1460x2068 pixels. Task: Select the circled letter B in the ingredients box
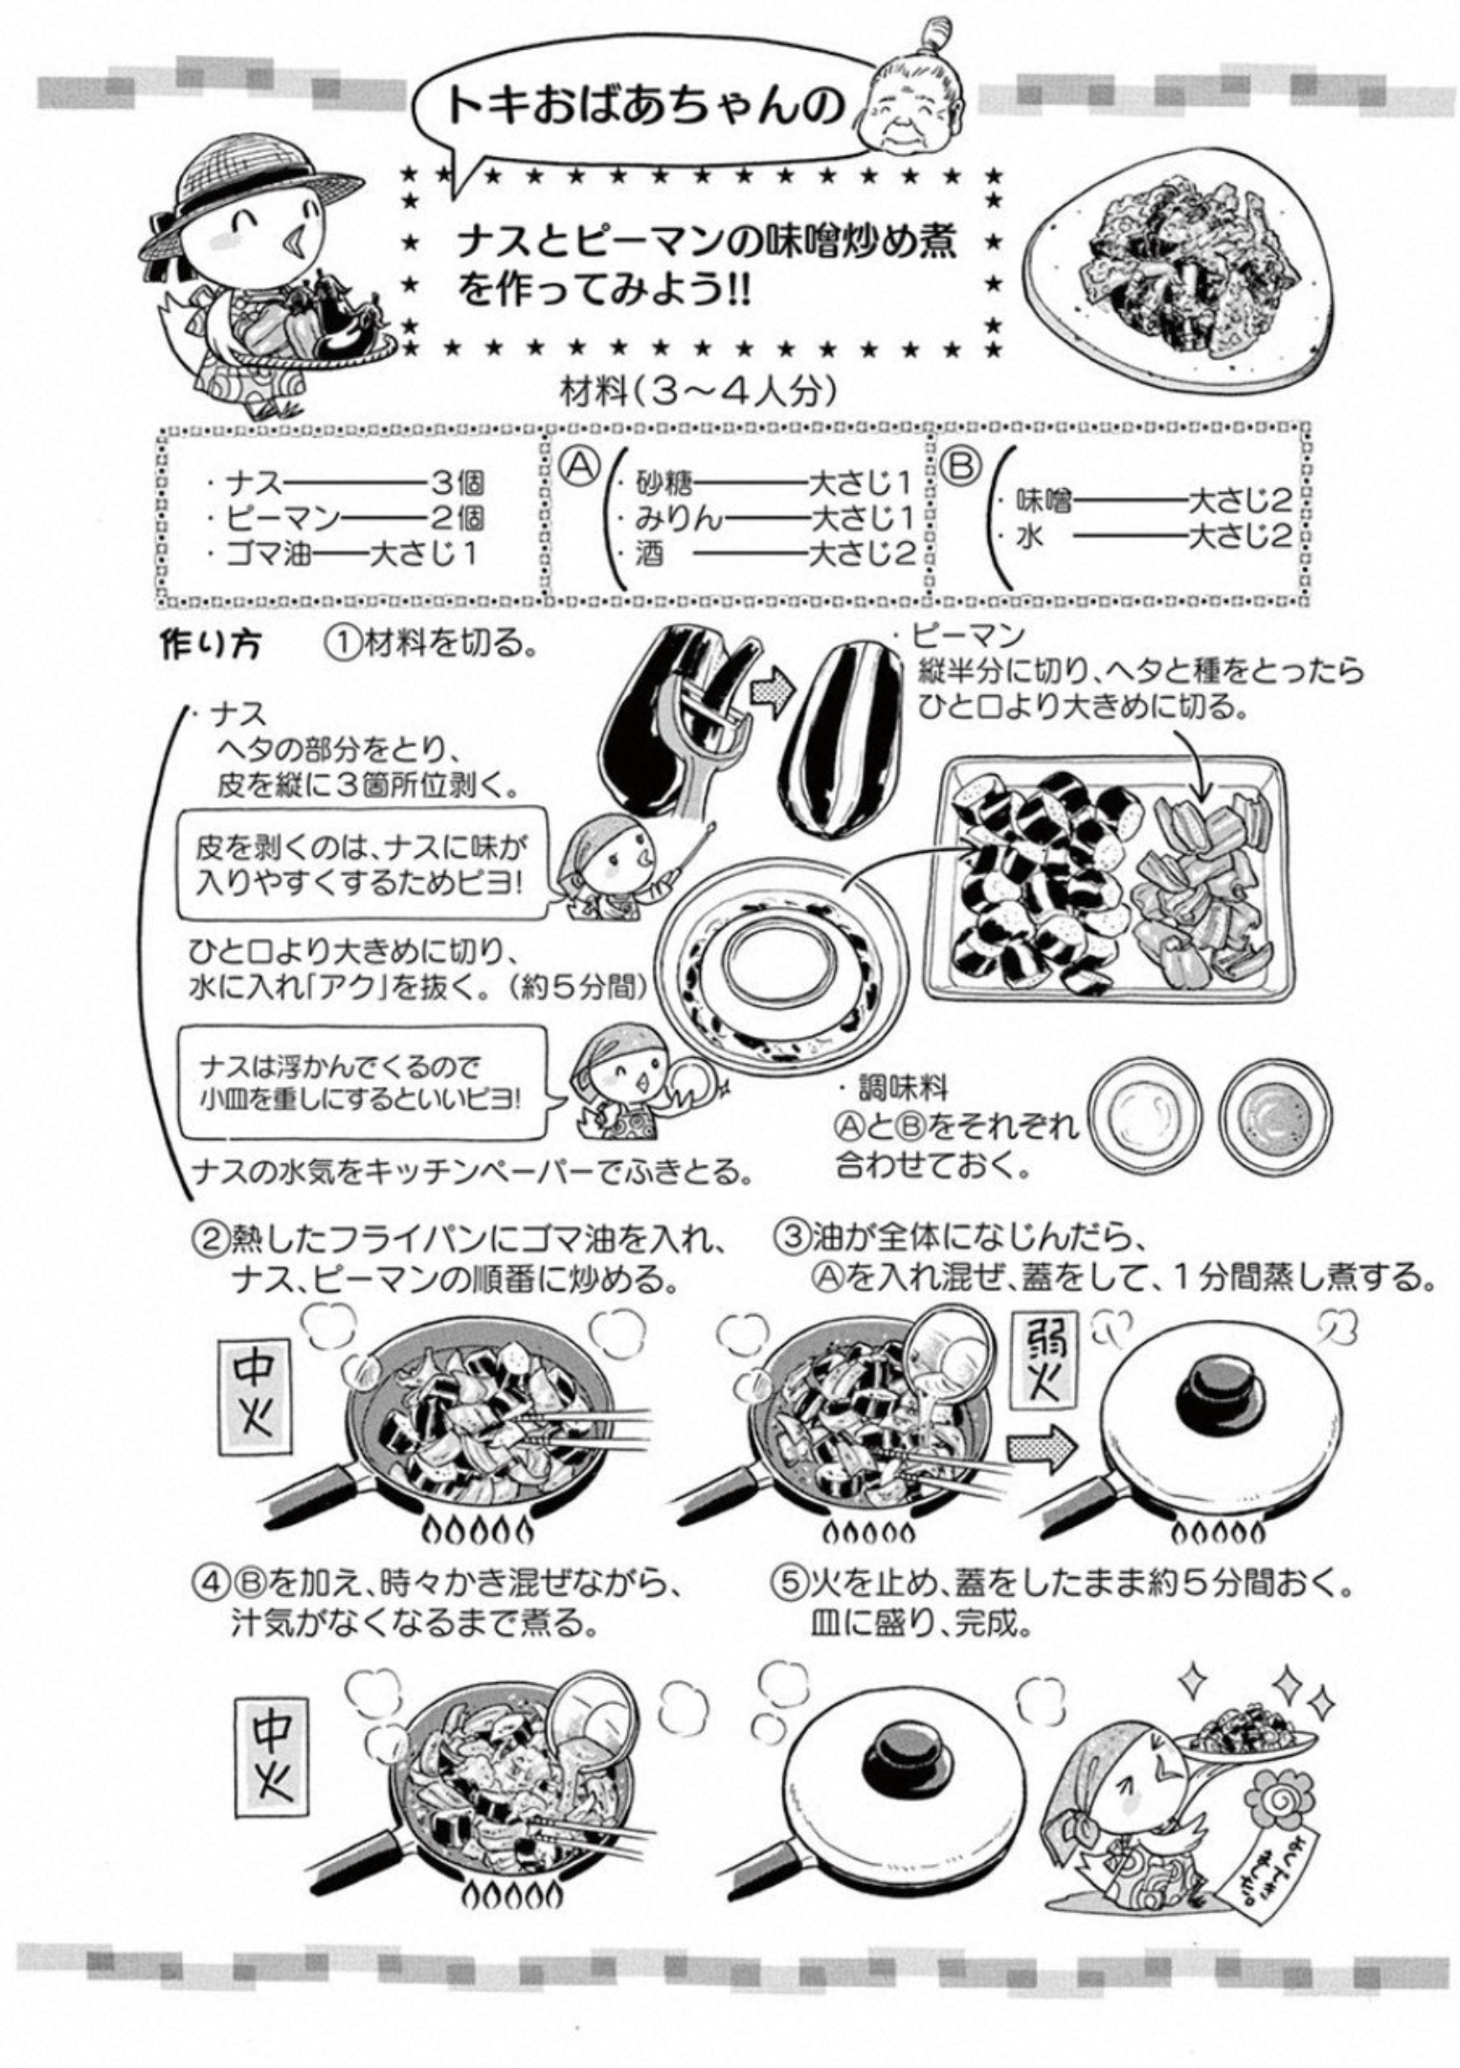[961, 467]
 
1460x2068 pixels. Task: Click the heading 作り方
[209, 645]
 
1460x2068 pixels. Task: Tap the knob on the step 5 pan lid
[907, 1760]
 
